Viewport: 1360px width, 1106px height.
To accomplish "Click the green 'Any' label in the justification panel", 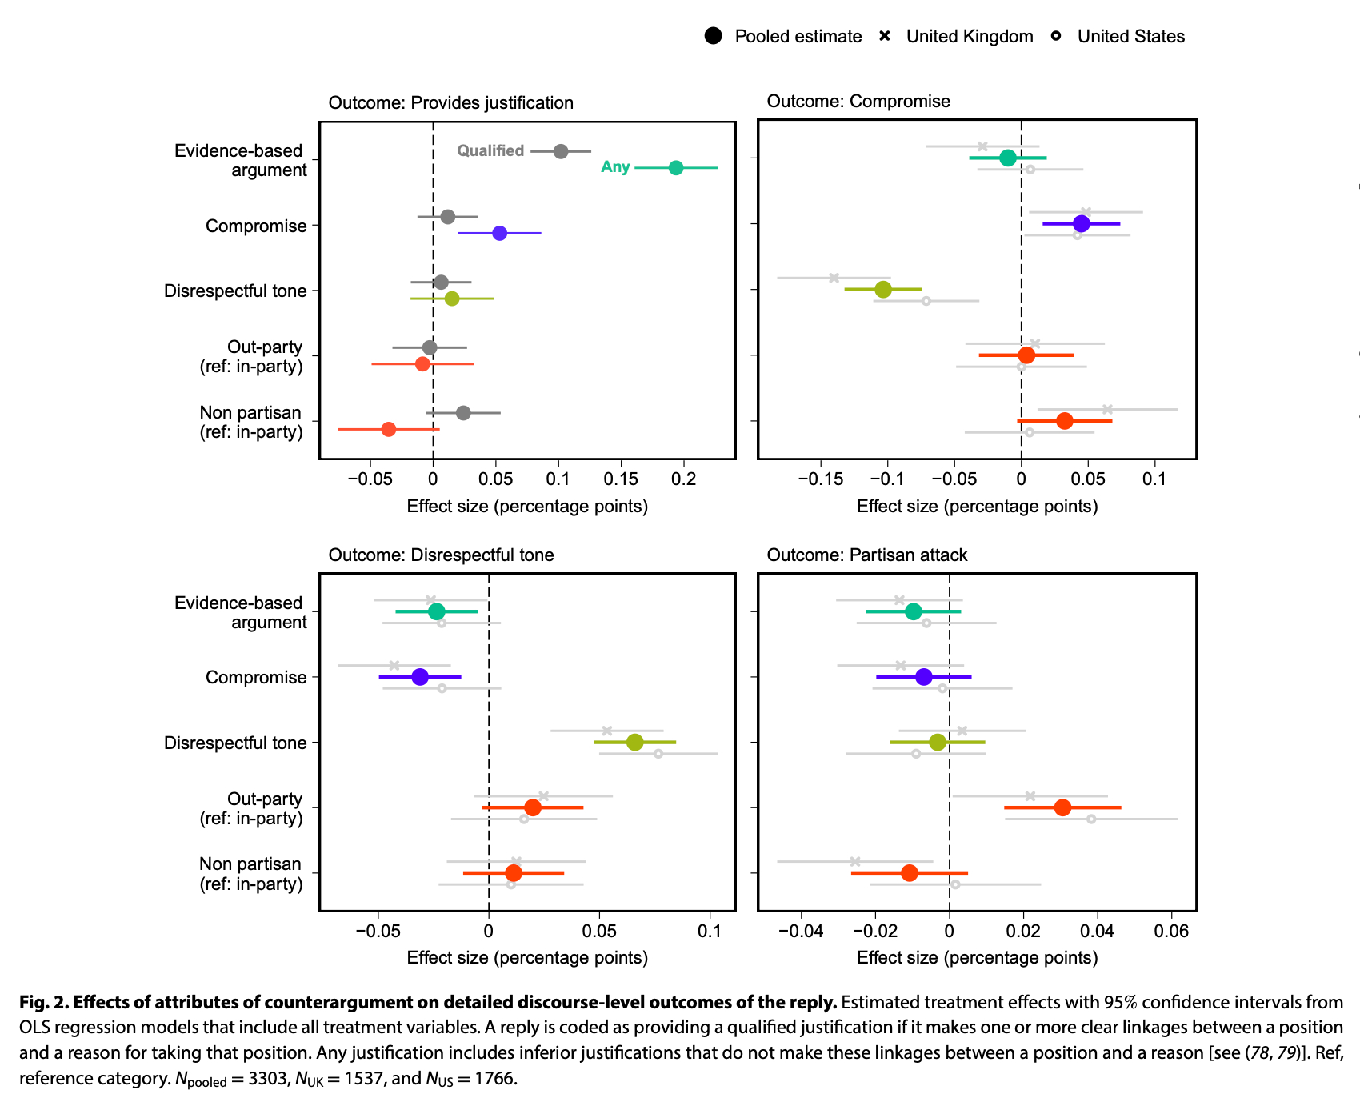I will [615, 167].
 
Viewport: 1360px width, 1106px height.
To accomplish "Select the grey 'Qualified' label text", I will [490, 151].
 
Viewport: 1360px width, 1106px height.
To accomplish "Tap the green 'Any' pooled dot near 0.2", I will [676, 168].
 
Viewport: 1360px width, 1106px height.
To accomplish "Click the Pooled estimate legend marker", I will [714, 36].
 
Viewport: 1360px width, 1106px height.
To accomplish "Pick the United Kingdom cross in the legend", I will [885, 36].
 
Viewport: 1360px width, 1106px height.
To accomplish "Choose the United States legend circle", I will [1056, 36].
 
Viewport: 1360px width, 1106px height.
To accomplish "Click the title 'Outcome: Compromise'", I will [858, 102].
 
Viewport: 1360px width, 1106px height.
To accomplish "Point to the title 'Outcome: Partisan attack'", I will [867, 555].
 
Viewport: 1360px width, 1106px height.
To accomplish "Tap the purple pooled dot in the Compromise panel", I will [1081, 224].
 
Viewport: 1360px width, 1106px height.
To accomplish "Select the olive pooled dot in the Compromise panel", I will [883, 290].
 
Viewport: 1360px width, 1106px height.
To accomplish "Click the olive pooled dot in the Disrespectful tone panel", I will [634, 743].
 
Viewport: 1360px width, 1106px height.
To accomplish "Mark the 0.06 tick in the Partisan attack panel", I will [1172, 932].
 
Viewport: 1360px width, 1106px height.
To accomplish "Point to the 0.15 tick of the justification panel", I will [621, 479].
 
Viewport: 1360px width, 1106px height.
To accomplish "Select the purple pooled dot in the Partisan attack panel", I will [924, 677].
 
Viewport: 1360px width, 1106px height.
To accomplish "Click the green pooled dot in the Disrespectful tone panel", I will [436, 612].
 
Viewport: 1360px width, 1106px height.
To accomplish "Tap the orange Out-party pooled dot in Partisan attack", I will [1062, 808].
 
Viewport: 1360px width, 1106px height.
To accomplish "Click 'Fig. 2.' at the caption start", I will [44, 1003].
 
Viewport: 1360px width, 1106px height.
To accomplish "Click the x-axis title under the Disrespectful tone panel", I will [527, 958].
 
